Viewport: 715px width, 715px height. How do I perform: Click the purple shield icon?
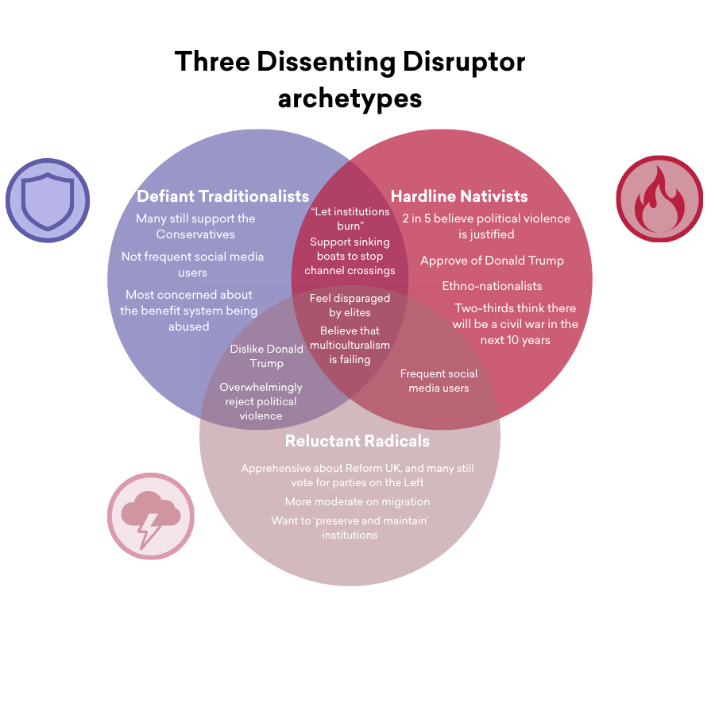48,200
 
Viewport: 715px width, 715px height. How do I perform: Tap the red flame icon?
659,199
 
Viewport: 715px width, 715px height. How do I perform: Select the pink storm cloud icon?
150,516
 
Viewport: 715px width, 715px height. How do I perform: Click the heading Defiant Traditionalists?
222,195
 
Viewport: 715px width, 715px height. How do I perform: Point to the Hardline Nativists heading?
459,195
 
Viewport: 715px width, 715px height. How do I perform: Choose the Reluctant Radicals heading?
357,441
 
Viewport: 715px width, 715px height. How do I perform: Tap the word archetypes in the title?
350,98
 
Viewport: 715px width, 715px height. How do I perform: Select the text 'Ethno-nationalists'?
492,286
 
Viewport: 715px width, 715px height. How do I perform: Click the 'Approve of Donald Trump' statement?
492,261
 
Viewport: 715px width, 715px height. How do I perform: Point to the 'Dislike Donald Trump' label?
267,356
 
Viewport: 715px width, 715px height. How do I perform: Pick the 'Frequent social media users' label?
439,381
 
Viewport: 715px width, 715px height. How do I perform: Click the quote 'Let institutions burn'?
350,218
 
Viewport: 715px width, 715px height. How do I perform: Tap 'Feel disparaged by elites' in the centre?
350,305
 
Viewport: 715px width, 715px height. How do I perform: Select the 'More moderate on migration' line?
357,501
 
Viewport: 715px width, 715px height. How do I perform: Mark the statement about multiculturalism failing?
350,345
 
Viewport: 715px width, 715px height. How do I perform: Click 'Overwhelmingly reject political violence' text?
261,401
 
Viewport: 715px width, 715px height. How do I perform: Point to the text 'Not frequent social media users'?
192,265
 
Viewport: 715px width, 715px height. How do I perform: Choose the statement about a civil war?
516,323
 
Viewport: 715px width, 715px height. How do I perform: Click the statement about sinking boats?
350,256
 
